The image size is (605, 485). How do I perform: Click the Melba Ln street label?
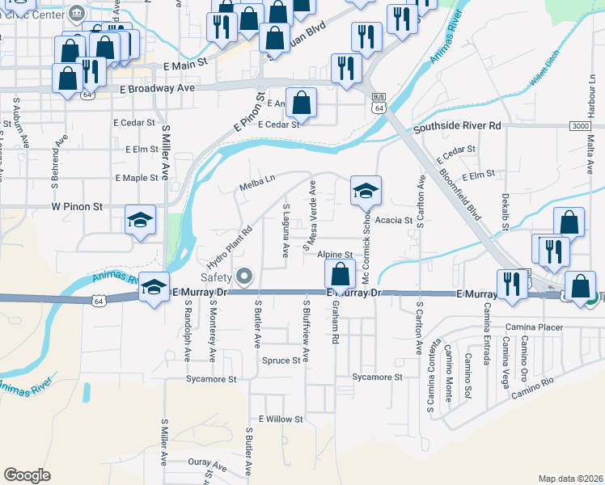point(258,188)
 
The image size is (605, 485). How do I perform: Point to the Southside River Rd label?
point(457,126)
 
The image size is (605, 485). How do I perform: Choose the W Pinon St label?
point(77,207)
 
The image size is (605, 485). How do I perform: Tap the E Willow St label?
point(280,420)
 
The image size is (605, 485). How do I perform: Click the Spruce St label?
point(281,361)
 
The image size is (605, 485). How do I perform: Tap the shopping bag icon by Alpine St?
point(341,273)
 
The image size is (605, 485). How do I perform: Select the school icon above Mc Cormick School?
point(366,191)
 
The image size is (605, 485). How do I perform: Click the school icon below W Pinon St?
point(140,220)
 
